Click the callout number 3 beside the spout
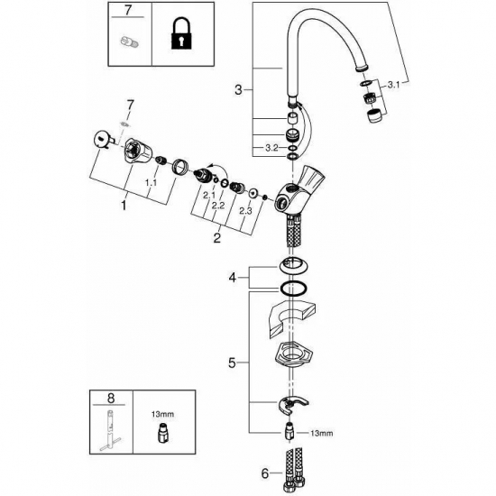tap(238, 89)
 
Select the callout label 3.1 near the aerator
tap(395, 85)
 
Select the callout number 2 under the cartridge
tap(216, 238)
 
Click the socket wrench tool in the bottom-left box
tap(108, 430)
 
